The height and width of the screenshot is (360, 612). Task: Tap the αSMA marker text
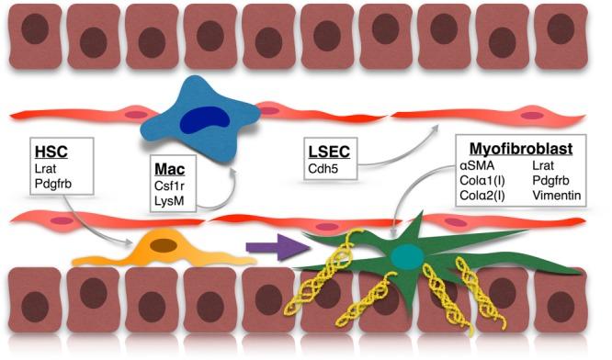tap(477, 164)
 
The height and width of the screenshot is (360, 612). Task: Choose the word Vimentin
tap(557, 196)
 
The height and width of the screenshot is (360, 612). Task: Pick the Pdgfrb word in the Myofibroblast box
tap(553, 180)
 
